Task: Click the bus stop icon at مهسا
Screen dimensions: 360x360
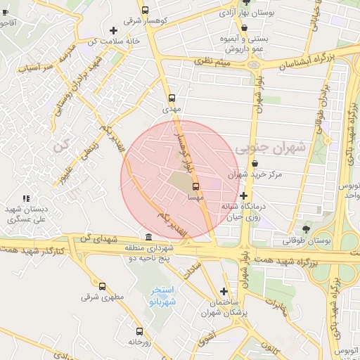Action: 195,186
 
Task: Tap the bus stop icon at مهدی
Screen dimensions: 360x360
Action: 172,98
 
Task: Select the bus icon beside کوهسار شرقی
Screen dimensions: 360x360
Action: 145,11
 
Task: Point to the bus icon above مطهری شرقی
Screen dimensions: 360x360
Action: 103,286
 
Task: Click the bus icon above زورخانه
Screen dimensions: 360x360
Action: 139,330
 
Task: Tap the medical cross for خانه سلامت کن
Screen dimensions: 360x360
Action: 113,30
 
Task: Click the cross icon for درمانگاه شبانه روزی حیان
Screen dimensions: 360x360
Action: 243,195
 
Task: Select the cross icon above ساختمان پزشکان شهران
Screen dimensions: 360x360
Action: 224,291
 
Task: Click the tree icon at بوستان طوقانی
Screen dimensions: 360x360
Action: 305,229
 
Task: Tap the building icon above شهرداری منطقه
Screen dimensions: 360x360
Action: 148,237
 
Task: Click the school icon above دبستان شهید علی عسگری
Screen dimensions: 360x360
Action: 26,199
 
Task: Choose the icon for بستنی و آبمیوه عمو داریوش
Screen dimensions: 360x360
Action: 244,28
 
